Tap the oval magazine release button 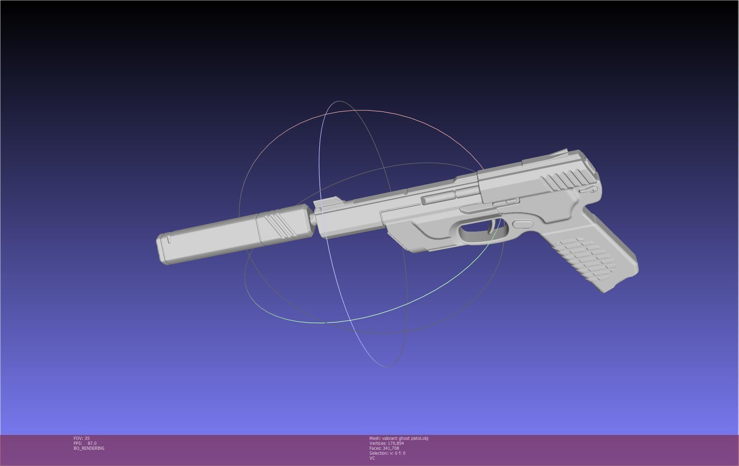523,224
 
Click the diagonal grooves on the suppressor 280,225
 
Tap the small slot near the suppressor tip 169,239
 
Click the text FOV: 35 81,438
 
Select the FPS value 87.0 92,443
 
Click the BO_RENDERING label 89,448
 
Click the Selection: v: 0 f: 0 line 387,453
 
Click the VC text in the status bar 372,458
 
